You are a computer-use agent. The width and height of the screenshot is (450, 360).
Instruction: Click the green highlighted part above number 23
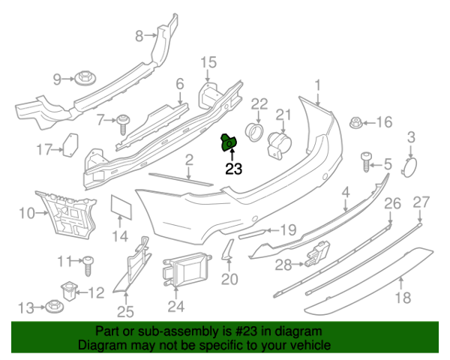click(x=229, y=141)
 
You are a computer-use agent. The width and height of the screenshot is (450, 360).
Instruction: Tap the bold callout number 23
click(x=234, y=169)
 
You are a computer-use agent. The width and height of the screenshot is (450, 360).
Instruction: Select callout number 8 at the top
click(x=139, y=35)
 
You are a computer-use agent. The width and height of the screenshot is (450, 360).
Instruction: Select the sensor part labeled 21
click(x=279, y=144)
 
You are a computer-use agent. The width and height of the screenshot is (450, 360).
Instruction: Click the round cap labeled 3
click(x=410, y=165)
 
